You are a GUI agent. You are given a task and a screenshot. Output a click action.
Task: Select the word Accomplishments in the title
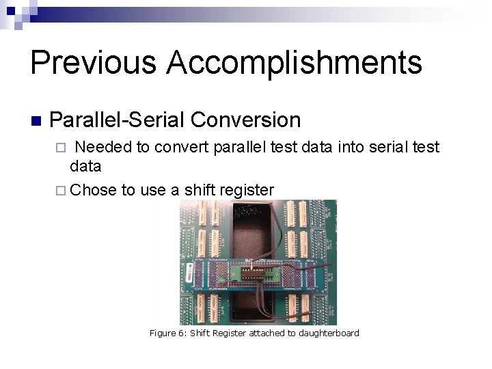click(x=295, y=62)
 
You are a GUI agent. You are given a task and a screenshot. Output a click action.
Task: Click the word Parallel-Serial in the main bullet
click(x=117, y=120)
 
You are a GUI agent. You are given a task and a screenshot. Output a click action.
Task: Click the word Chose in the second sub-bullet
click(x=94, y=189)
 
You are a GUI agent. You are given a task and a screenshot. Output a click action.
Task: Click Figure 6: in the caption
click(x=167, y=333)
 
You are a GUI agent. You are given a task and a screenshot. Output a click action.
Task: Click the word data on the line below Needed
click(x=85, y=166)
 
